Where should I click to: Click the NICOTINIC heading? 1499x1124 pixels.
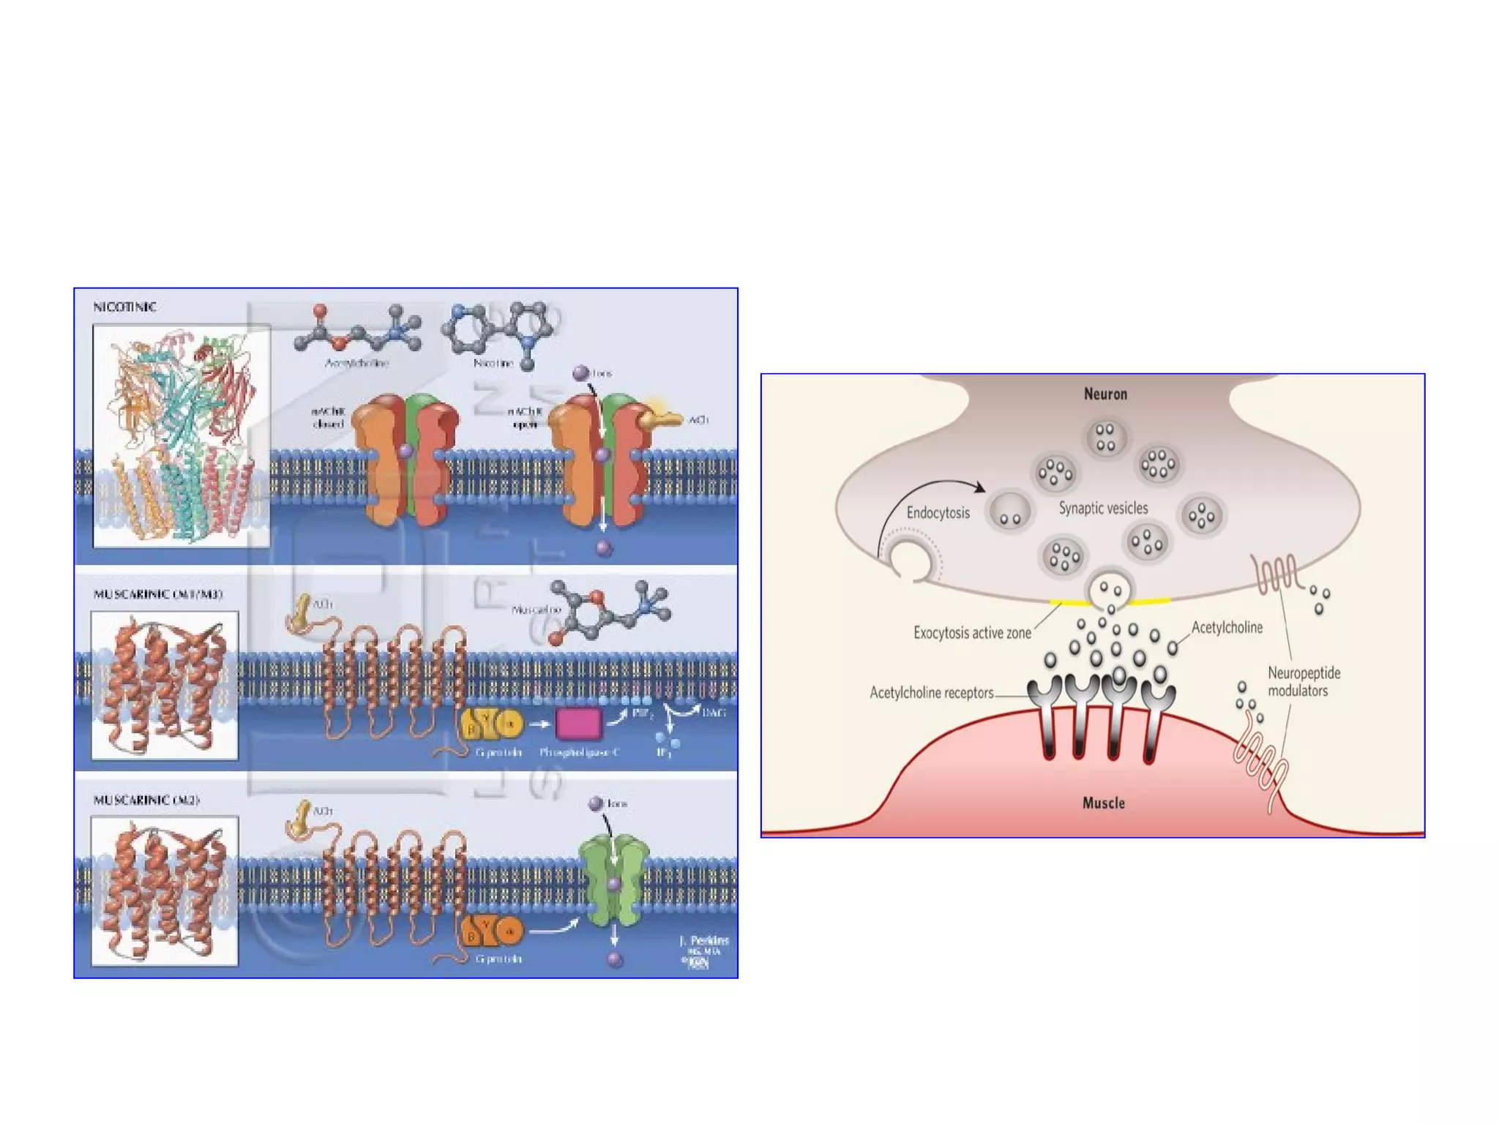coord(124,307)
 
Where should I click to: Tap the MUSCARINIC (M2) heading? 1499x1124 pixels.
coord(146,800)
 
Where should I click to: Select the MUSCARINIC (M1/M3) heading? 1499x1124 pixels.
coord(157,594)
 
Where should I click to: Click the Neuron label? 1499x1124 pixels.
coord(1105,394)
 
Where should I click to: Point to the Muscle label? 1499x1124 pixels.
coord(1103,803)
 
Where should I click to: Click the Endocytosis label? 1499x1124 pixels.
coord(938,512)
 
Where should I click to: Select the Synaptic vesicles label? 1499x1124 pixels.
coord(1103,508)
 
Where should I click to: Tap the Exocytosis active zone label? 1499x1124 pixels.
coord(972,632)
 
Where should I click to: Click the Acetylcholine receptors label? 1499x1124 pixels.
coord(931,692)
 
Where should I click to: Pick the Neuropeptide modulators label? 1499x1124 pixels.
coord(1303,681)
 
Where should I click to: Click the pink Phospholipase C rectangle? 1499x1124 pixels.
coord(578,724)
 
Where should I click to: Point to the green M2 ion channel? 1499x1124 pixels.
coord(613,882)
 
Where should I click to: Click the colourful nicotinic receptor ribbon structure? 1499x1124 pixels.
coord(181,435)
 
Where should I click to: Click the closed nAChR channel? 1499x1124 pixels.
coord(405,459)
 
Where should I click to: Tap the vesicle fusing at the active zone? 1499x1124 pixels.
coord(1109,591)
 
